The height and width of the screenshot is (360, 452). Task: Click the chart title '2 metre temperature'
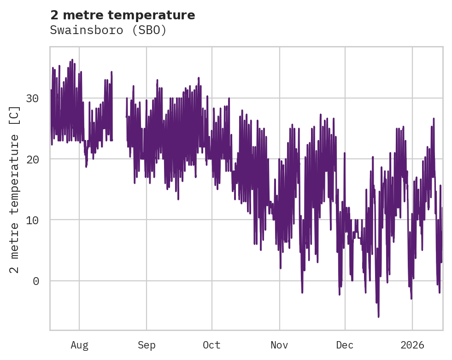tap(123, 15)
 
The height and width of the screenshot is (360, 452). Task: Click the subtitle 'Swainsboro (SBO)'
tap(108, 30)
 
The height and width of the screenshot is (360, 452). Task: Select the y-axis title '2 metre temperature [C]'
tap(15, 189)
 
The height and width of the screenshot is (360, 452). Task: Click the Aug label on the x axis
tap(79, 345)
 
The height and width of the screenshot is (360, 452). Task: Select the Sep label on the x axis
tap(147, 345)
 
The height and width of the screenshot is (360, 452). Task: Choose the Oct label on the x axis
tap(212, 345)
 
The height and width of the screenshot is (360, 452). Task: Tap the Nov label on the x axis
tap(279, 345)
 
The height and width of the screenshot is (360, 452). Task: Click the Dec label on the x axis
tap(345, 345)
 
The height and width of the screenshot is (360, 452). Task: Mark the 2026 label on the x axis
tap(412, 345)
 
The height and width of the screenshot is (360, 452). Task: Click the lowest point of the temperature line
tap(379, 317)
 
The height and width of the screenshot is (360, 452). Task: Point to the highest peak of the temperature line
tap(72, 60)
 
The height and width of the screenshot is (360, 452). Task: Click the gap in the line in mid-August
tap(119, 124)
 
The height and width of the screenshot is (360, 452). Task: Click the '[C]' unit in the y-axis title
tap(15, 116)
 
